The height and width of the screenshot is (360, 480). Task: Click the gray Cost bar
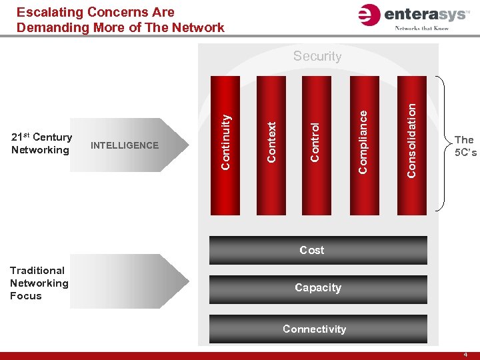coord(318,251)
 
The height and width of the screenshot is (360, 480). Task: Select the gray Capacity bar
coord(318,288)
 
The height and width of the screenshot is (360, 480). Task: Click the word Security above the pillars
coord(317,57)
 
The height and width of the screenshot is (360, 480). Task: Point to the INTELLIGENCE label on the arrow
coord(125,145)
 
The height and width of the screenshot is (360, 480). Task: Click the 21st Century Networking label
coord(41,144)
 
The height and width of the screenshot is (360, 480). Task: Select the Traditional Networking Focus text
coord(39,283)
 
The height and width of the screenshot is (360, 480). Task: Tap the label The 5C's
coord(464,145)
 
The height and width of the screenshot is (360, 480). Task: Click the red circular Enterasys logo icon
coord(369,15)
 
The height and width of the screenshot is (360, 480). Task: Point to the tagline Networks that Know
coord(421,28)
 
